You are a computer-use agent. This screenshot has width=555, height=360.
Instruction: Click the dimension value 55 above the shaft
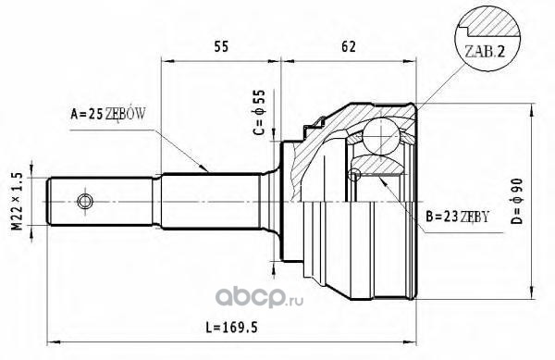click(x=221, y=46)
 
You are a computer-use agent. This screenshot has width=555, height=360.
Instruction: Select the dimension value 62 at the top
click(x=348, y=46)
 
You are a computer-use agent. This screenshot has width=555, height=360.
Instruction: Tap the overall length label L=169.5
click(x=232, y=328)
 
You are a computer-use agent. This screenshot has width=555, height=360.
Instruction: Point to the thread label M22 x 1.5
click(x=18, y=202)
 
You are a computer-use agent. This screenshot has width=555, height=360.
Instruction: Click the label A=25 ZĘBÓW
click(x=107, y=114)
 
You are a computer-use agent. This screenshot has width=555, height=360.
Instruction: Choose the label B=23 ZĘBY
click(x=457, y=217)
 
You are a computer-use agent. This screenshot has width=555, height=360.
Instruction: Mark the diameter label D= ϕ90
click(x=516, y=202)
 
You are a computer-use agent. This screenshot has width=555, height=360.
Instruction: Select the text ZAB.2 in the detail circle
click(x=485, y=52)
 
